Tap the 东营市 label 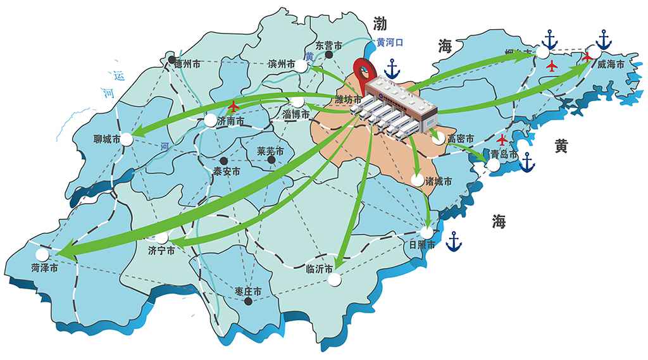[x=328, y=46]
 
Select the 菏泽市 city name [x=44, y=268]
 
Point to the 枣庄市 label [x=248, y=291]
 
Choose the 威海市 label [x=611, y=65]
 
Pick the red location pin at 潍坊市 [x=363, y=71]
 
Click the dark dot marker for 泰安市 [x=223, y=160]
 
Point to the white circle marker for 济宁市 [x=163, y=238]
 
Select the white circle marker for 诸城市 [x=416, y=180]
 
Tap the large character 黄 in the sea [x=561, y=147]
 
